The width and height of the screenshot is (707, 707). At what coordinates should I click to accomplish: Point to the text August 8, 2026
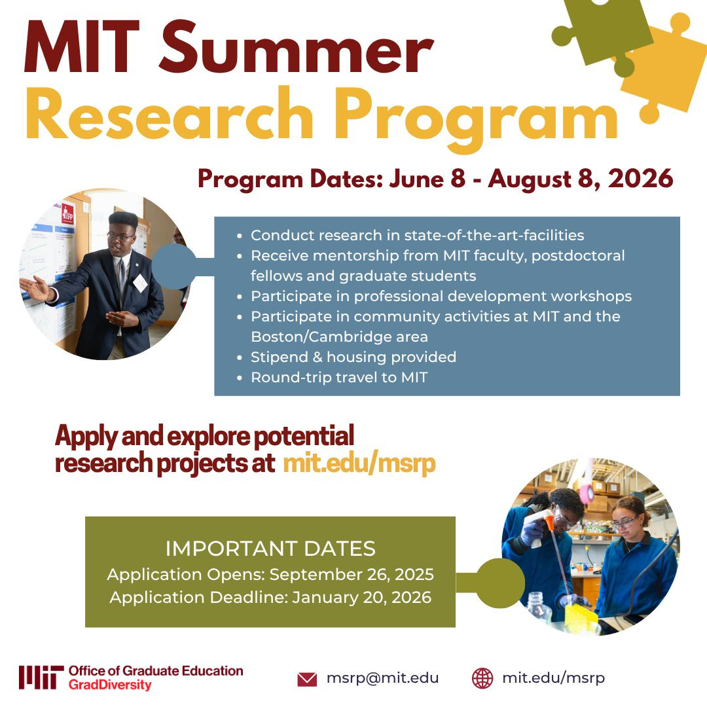coord(580,179)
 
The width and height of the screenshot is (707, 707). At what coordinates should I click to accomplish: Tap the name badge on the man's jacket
coord(140,283)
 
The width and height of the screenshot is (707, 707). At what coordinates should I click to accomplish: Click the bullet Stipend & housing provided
coord(353,357)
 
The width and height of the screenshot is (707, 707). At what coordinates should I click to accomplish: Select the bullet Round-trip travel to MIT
coord(338,377)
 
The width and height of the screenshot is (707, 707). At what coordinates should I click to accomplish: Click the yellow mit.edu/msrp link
coord(359,463)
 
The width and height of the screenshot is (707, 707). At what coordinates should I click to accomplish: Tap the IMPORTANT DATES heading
coord(270,548)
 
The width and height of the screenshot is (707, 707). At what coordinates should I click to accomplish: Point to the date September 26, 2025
coord(352,575)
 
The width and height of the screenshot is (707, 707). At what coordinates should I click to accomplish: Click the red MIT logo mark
coord(41,678)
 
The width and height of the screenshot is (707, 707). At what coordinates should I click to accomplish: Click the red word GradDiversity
coord(109,685)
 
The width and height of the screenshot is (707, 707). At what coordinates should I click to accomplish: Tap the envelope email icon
coord(307,679)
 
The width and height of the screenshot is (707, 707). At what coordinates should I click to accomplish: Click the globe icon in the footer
coord(482,678)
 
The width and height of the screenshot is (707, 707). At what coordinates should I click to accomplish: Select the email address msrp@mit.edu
coord(382,678)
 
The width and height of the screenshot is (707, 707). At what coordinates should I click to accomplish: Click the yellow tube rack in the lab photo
coord(581,615)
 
